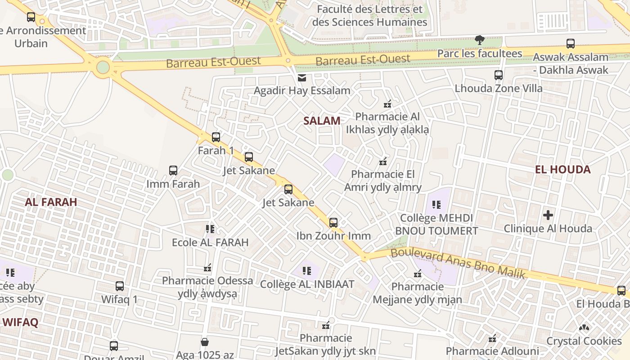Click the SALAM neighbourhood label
tap(321, 121)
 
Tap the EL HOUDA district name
tap(562, 170)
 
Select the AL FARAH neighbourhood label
tap(51, 202)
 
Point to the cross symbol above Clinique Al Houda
tap(548, 215)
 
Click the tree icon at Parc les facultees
tap(480, 40)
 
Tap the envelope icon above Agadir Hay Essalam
tap(301, 78)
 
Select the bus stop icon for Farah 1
tap(216, 137)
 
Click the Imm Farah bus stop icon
tap(173, 171)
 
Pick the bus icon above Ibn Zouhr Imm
tap(333, 222)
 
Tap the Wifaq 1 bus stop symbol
tap(120, 286)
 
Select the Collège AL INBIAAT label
tap(307, 284)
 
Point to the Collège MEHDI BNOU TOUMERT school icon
tap(436, 205)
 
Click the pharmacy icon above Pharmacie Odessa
tap(207, 268)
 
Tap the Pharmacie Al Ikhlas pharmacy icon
tap(387, 104)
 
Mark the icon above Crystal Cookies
tap(584, 328)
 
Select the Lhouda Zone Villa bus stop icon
tap(499, 75)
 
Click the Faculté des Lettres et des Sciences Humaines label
tap(369, 16)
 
